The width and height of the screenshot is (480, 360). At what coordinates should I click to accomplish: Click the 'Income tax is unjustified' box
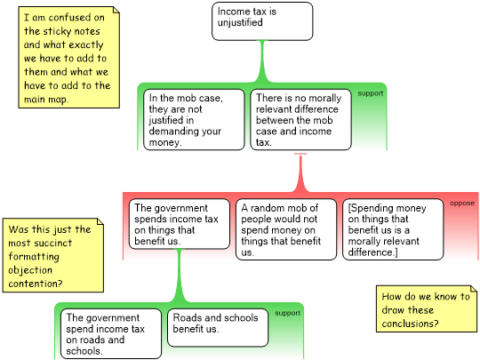[262, 21]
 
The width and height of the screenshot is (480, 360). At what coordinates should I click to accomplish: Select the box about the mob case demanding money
[194, 120]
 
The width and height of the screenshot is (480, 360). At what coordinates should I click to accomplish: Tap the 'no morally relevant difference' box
[300, 120]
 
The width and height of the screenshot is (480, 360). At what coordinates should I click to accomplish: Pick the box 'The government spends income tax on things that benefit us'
[180, 224]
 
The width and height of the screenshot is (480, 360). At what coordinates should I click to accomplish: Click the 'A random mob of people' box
[286, 229]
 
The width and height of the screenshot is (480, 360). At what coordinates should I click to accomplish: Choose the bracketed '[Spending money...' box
[393, 229]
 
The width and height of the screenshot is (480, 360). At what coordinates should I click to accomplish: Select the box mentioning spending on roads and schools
[111, 333]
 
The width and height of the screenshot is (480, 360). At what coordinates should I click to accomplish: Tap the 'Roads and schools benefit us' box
[218, 327]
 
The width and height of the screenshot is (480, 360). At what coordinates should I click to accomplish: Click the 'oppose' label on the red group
[462, 203]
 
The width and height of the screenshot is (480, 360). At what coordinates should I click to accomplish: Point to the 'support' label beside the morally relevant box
[371, 93]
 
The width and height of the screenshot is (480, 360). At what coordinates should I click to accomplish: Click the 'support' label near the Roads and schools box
[287, 313]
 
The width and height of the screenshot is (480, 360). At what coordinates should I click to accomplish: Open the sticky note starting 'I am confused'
[68, 58]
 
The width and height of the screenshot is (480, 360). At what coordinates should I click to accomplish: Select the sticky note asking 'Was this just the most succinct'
[53, 255]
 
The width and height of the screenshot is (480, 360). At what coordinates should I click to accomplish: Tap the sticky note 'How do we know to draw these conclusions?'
[427, 308]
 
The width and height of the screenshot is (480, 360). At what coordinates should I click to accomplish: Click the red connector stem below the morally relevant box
[300, 173]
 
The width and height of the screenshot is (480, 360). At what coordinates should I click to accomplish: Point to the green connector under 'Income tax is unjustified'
[262, 61]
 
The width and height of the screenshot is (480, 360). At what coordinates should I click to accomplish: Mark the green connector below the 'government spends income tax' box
[180, 276]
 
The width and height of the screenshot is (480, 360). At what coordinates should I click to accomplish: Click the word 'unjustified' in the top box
[240, 22]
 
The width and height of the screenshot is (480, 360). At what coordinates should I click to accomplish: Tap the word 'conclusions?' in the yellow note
[410, 324]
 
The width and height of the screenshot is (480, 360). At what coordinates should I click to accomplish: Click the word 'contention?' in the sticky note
[36, 284]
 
